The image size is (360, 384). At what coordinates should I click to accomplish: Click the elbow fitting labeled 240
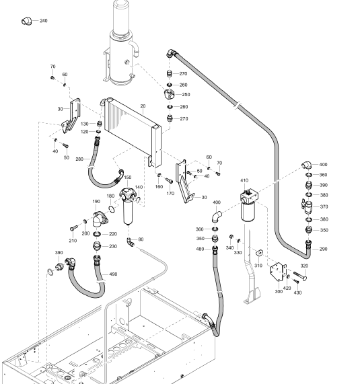(x=27, y=21)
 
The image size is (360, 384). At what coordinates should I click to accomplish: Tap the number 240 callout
(x=43, y=21)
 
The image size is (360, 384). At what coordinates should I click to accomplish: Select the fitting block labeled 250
(x=170, y=94)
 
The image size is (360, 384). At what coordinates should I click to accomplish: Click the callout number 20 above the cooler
(x=143, y=106)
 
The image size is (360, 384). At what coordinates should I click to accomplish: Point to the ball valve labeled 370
(x=307, y=206)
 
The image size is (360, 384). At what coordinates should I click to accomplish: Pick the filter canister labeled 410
(x=248, y=205)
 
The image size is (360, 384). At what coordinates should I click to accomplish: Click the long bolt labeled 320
(x=300, y=276)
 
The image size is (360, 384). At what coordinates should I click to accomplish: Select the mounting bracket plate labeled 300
(x=278, y=272)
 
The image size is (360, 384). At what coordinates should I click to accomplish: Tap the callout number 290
(x=323, y=249)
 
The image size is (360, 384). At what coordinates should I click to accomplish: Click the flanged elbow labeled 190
(x=100, y=219)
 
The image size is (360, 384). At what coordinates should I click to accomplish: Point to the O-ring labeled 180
(x=112, y=209)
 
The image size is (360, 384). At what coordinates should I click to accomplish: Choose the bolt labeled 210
(x=74, y=228)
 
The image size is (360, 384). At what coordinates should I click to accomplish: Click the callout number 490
(x=113, y=274)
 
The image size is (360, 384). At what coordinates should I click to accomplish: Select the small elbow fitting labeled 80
(x=131, y=242)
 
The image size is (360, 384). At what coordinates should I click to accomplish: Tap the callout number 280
(x=79, y=159)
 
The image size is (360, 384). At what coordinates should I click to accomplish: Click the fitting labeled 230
(x=97, y=245)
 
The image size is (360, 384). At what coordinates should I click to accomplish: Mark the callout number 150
(x=128, y=178)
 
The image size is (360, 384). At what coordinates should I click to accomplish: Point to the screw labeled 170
(x=169, y=181)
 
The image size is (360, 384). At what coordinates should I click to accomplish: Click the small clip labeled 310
(x=259, y=253)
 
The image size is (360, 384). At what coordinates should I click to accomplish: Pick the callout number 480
(x=201, y=249)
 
